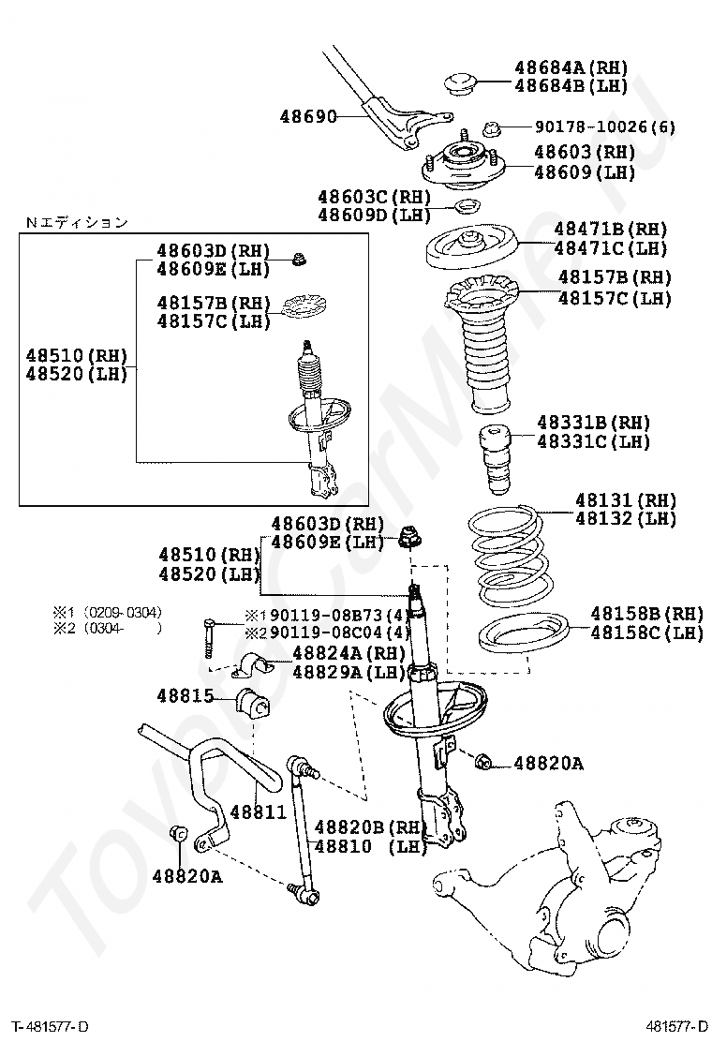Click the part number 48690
[x=308, y=117]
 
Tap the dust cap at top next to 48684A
[x=460, y=83]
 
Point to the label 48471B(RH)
[x=610, y=229]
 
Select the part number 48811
[x=258, y=811]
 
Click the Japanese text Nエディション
[x=76, y=222]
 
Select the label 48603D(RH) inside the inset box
[x=213, y=250]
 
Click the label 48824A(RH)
[x=348, y=653]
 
